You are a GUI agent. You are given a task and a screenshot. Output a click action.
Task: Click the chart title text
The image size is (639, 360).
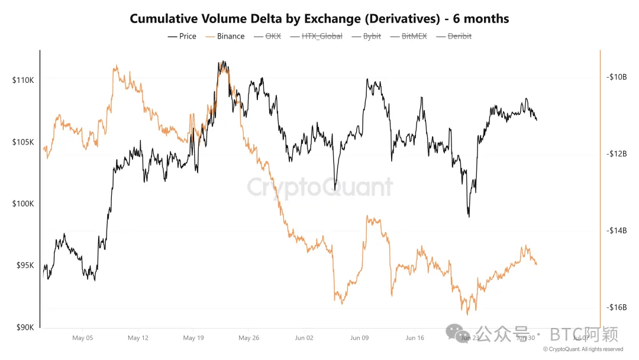coord(319,19)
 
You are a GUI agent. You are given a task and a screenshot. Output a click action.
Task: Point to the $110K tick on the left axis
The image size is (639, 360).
coord(24,80)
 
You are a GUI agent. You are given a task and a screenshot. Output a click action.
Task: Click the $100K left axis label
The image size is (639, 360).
coord(24,204)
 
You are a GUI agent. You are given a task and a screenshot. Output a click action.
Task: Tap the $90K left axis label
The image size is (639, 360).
coord(25,327)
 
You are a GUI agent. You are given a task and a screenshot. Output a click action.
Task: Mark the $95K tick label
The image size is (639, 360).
coord(25,265)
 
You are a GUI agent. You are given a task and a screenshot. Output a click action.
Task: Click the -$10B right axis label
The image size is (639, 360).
coord(616,77)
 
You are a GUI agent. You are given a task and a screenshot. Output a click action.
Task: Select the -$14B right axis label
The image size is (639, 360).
coord(616,230)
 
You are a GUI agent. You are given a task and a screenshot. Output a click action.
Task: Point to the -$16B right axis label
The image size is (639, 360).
coord(616,307)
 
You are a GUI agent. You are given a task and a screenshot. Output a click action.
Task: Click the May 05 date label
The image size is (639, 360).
coord(82,338)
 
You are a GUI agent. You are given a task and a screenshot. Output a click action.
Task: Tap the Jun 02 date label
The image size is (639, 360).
coord(304,338)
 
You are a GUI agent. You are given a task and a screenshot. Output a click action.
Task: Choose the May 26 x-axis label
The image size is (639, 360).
coord(248,338)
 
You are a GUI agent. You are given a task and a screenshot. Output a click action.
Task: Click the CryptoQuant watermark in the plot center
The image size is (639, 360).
coord(319,187)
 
